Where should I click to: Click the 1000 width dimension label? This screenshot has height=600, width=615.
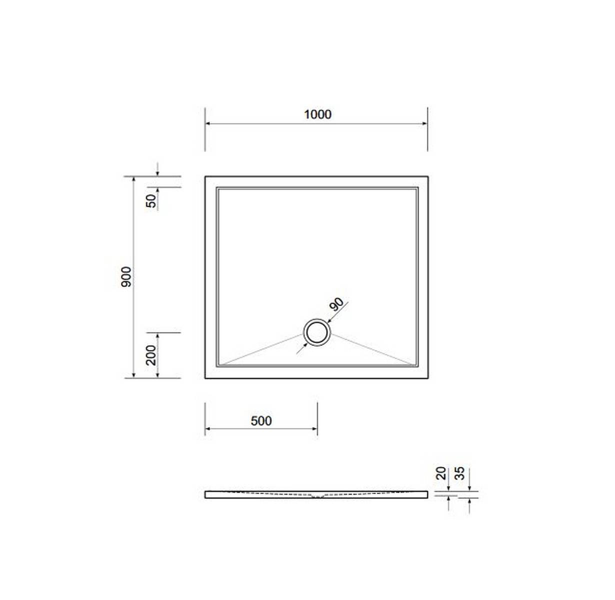tap(317, 114)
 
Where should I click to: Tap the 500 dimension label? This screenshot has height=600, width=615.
tap(261, 421)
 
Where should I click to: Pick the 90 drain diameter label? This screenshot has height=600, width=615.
tap(336, 304)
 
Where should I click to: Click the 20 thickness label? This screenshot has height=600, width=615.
tap(441, 473)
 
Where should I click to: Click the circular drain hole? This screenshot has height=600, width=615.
tap(316, 332)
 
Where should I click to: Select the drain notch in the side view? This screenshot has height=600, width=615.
tap(317, 496)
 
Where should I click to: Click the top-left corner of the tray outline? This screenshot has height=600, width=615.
tap(205, 176)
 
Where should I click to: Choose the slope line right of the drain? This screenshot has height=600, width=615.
tap(372, 348)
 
